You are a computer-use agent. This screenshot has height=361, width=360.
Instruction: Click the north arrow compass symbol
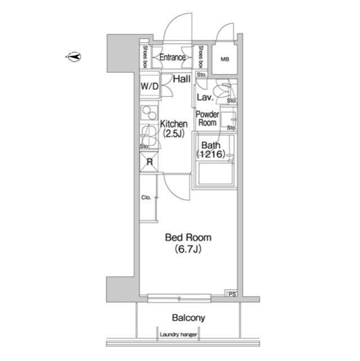click(x=74, y=56)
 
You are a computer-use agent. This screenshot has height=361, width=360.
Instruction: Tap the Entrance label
click(x=172, y=58)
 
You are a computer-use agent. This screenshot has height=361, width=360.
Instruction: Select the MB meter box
click(x=225, y=59)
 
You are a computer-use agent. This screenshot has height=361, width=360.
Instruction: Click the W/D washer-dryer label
click(x=150, y=86)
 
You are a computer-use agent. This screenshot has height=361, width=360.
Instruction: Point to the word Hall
click(x=181, y=79)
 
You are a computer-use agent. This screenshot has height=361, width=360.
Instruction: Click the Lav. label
click(x=205, y=98)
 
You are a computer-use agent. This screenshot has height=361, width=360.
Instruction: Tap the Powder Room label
click(x=207, y=118)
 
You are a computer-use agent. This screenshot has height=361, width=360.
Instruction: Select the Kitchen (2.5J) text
click(x=174, y=129)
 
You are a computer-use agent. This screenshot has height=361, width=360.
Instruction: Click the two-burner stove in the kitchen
click(x=149, y=113)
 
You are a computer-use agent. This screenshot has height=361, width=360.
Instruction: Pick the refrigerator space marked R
click(x=149, y=162)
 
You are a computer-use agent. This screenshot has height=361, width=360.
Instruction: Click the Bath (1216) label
click(x=211, y=149)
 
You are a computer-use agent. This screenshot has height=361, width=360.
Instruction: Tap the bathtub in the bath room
click(x=216, y=174)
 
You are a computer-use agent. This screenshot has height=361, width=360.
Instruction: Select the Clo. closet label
click(x=146, y=197)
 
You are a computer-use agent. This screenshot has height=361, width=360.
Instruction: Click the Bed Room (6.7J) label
click(x=188, y=243)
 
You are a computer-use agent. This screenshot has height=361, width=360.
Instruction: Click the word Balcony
click(x=189, y=318)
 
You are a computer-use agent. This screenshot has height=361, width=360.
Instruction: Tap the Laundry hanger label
click(x=179, y=334)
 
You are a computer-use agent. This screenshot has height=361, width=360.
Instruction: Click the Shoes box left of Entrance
click(x=145, y=56)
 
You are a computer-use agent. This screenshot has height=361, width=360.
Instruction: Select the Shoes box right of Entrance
click(x=201, y=56)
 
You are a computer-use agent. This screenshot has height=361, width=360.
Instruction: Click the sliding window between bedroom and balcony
click(x=179, y=298)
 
